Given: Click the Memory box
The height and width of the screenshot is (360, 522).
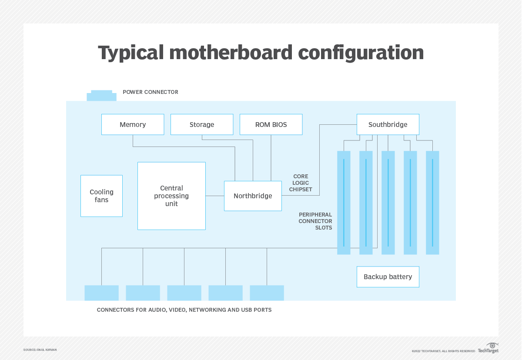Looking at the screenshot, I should (133, 124).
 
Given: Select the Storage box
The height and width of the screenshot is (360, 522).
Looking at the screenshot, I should (202, 124).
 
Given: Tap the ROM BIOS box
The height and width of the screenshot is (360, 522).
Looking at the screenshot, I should (271, 124).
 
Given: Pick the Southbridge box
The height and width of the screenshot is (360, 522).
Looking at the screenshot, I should (388, 124).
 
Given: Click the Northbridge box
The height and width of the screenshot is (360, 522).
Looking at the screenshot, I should (253, 196).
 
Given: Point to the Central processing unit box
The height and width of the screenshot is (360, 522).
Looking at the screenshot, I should (171, 196).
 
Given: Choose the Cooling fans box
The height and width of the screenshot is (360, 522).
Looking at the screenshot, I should (101, 196).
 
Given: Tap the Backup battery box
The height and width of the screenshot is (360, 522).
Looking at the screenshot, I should (388, 277).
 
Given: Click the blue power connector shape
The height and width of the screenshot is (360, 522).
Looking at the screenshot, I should (102, 96).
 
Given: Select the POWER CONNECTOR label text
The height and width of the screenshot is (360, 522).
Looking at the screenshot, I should (151, 92).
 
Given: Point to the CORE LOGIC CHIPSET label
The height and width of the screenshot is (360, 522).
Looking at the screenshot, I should (301, 183).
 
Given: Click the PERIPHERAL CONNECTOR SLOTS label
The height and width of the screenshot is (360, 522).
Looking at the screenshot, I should (315, 221).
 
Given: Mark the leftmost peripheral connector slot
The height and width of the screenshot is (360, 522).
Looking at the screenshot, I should (344, 202).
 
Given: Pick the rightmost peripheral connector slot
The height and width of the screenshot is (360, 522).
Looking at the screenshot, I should (432, 202).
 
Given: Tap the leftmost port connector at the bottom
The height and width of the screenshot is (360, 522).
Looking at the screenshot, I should (101, 293).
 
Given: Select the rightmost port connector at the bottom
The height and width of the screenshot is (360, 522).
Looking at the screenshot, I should (267, 293).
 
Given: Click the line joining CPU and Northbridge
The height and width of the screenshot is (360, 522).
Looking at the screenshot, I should (214, 196).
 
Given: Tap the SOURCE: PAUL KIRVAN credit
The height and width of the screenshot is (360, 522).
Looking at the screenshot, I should (40, 350).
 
